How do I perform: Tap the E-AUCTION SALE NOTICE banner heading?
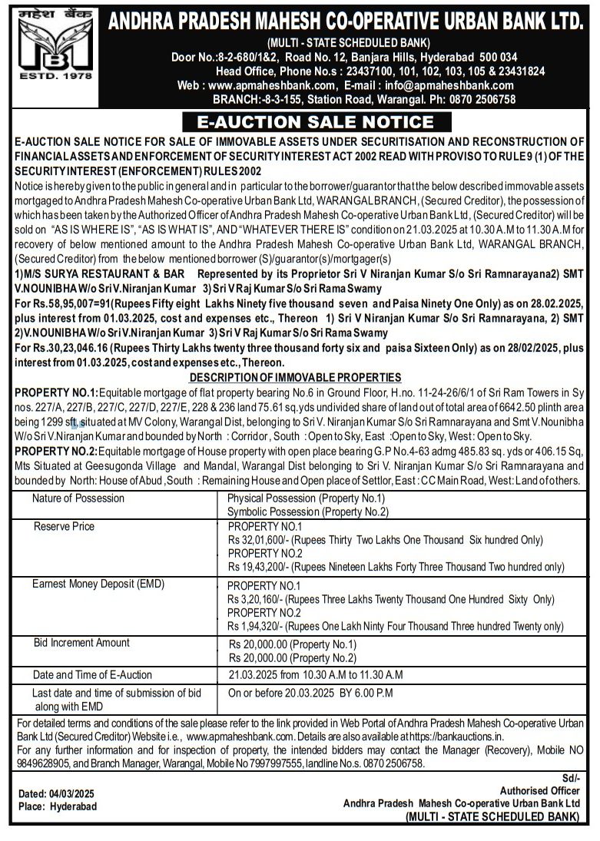click(x=315, y=122)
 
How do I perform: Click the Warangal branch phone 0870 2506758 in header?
click(x=479, y=99)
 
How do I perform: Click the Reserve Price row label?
click(x=65, y=526)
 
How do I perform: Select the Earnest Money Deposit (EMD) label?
click(x=98, y=584)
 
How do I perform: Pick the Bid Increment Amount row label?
click(x=81, y=642)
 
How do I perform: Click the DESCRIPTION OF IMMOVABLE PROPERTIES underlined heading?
click(x=295, y=377)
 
